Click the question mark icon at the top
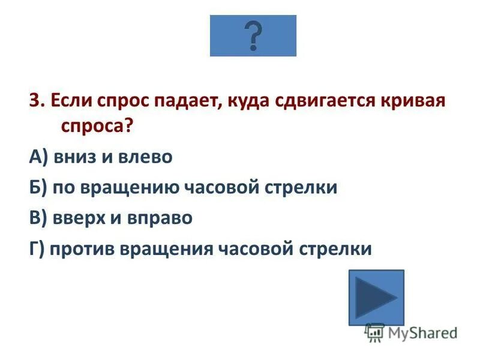click(253, 35)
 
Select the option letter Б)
click(38, 187)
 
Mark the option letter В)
click(38, 217)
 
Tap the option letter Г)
click(37, 248)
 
